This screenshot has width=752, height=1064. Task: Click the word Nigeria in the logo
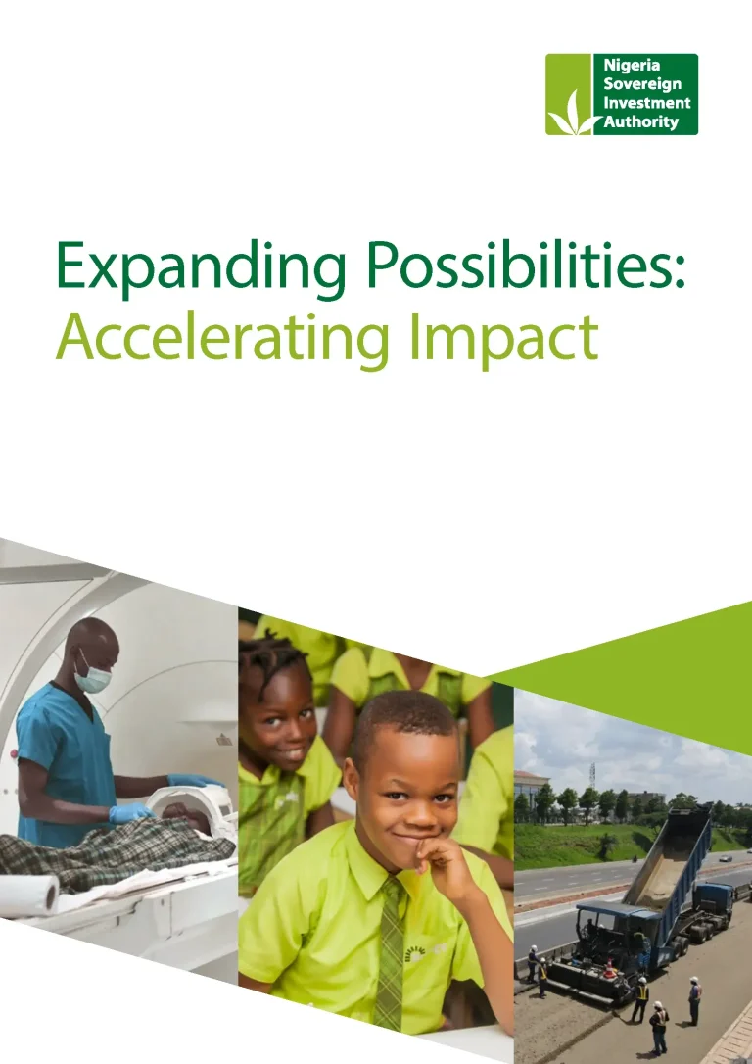[x=632, y=65]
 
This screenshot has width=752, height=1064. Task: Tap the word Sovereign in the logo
[x=642, y=84]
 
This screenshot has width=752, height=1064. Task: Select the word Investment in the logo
[x=647, y=103]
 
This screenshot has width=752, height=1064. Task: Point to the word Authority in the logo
[x=640, y=122]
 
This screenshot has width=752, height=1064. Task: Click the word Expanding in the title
[x=202, y=266]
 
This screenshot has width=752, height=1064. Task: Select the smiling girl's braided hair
[x=274, y=659]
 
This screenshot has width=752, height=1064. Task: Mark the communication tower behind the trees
[x=592, y=775]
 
